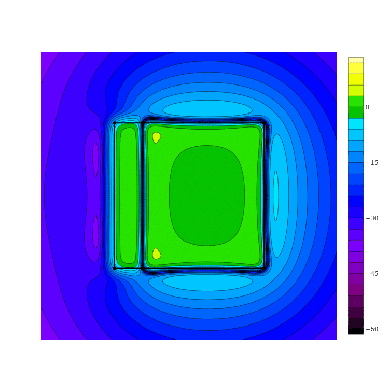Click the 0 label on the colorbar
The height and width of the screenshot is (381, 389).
pyautogui.click(x=367, y=107)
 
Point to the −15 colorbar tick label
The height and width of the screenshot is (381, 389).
pyautogui.click(x=372, y=163)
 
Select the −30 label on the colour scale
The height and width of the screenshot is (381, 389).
pyautogui.click(x=372, y=218)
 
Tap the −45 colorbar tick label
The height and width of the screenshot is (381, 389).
pyautogui.click(x=372, y=274)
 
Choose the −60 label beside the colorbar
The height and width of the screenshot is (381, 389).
pyautogui.click(x=372, y=329)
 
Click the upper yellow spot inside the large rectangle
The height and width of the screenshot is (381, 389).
pyautogui.click(x=156, y=137)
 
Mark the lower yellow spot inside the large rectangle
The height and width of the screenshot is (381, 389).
pyautogui.click(x=156, y=253)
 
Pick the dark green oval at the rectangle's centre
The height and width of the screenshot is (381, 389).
pyautogui.click(x=207, y=195)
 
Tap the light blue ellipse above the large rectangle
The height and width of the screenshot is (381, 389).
pyautogui.click(x=207, y=108)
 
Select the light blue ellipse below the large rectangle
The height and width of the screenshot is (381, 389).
pyautogui.click(x=207, y=283)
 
